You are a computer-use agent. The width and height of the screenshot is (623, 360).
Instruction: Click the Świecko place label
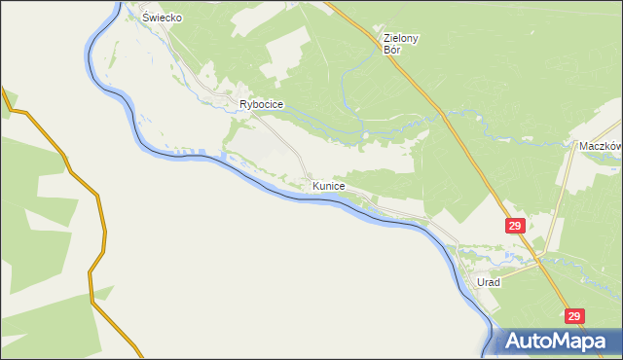[163, 18]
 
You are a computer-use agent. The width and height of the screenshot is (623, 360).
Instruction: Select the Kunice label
[328, 184]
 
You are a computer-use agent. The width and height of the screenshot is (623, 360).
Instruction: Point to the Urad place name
[488, 282]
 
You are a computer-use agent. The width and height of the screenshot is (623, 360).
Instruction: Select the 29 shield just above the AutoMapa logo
[574, 316]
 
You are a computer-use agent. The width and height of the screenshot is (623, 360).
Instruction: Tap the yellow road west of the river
[101, 224]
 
